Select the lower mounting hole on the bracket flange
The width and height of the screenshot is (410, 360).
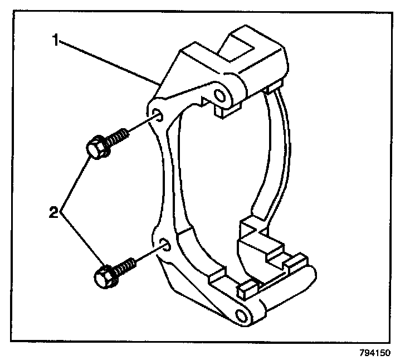[x=164, y=244]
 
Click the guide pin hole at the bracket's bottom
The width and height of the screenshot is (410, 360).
[x=241, y=316]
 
